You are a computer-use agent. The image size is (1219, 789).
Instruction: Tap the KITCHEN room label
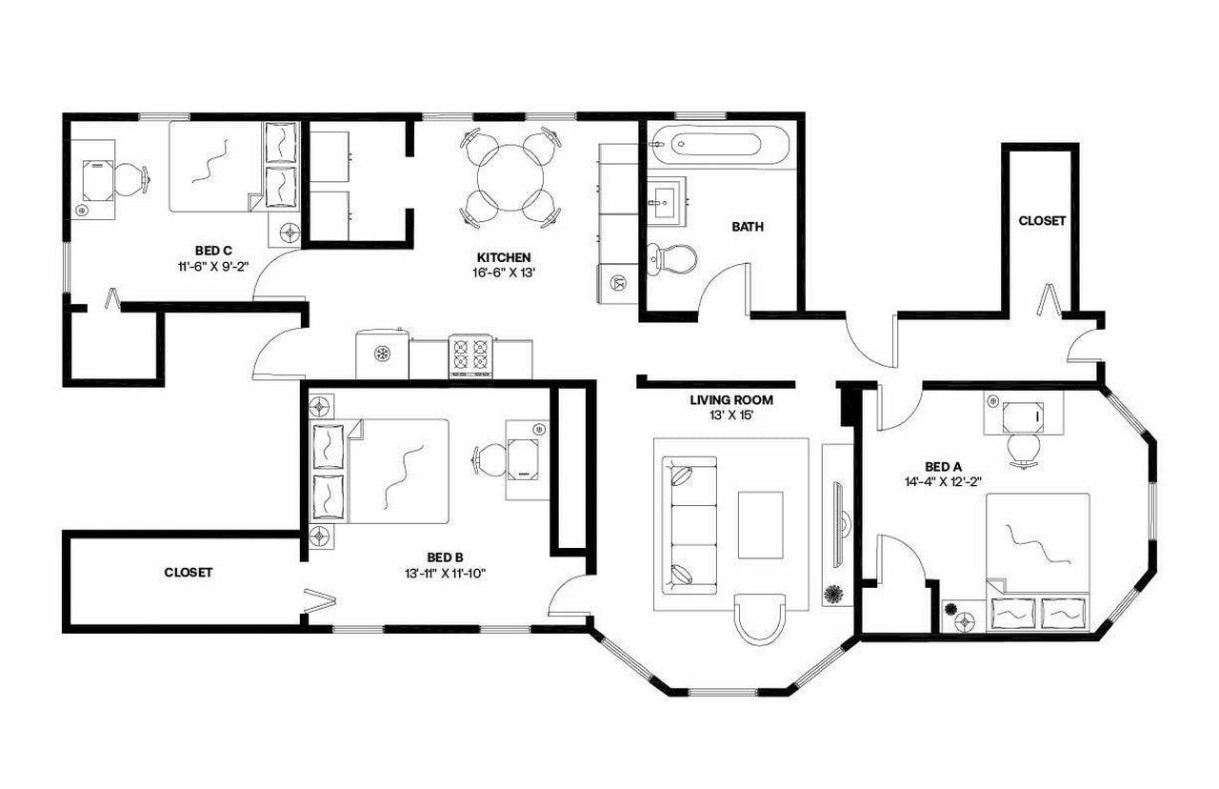pyautogui.click(x=504, y=257)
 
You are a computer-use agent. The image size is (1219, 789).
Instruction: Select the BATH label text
pyautogui.click(x=748, y=227)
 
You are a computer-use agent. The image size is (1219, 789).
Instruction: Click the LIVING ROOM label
pyautogui.click(x=731, y=400)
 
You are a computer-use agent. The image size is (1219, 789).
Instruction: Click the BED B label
pyautogui.click(x=445, y=557)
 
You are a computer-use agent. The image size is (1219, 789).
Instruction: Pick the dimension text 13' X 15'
pyautogui.click(x=731, y=415)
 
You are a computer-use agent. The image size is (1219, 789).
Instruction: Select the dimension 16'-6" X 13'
pyautogui.click(x=504, y=273)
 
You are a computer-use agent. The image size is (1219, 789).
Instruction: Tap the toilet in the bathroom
pyautogui.click(x=670, y=257)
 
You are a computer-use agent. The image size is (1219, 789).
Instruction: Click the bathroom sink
pyautogui.click(x=664, y=200)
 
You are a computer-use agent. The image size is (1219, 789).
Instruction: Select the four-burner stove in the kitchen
pyautogui.click(x=470, y=356)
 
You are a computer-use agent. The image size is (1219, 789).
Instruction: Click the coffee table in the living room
pyautogui.click(x=761, y=525)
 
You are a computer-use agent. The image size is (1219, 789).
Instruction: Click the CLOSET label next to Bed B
pyautogui.click(x=189, y=573)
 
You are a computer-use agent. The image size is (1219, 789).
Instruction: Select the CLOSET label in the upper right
pyautogui.click(x=1042, y=220)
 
